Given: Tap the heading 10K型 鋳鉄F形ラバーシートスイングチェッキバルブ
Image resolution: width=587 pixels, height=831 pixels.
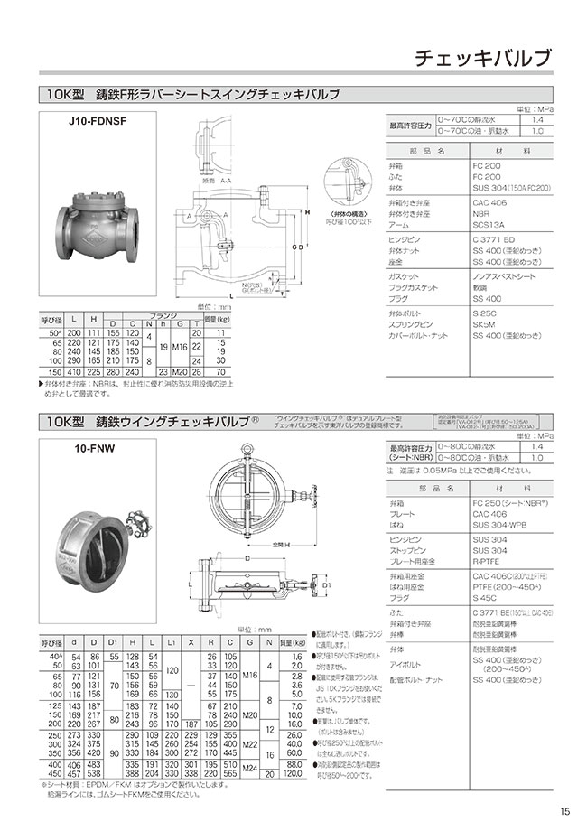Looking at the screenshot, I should click(194, 95).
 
